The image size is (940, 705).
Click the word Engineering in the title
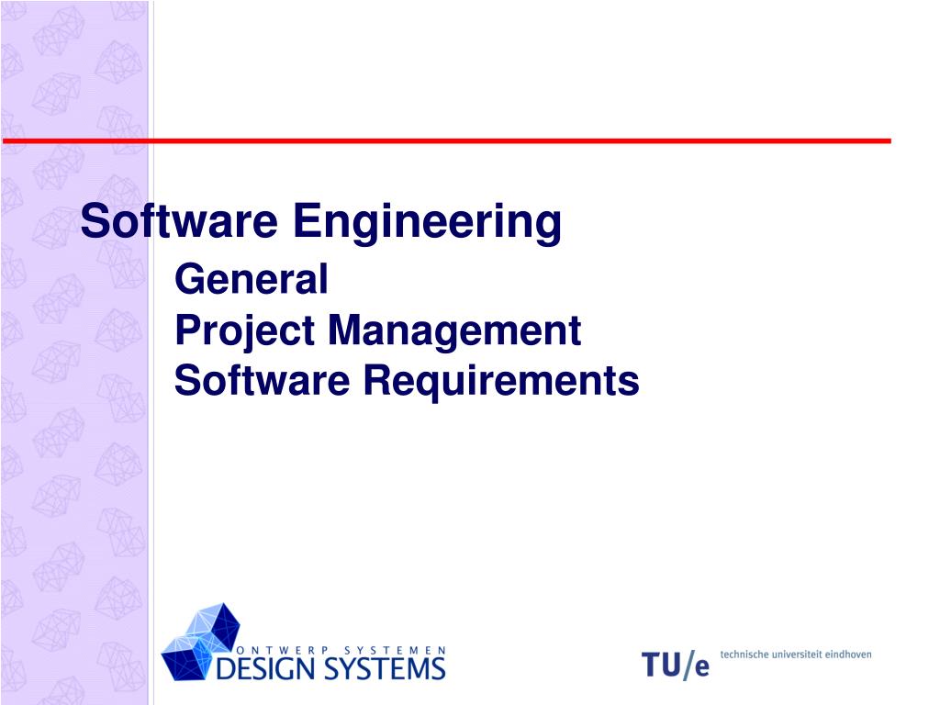[x=428, y=223]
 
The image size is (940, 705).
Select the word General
[x=251, y=279]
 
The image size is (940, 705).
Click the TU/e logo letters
[x=675, y=665]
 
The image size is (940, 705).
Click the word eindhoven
[x=850, y=655]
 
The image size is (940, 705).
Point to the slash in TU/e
[x=688, y=665]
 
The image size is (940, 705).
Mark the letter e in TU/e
[x=701, y=668]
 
